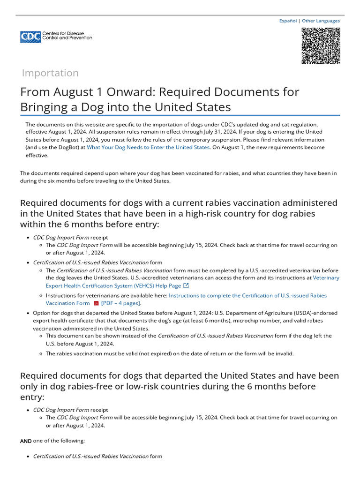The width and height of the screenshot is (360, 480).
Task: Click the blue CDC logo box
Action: (30, 37)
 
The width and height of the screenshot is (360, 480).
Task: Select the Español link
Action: (288, 21)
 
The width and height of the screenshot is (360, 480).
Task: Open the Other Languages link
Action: (321, 21)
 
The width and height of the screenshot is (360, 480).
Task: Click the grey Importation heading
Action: (50, 73)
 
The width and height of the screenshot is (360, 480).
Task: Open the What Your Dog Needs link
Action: (148, 147)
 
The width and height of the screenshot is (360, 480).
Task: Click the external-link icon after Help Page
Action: (186, 285)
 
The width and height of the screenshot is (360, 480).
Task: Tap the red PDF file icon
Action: (96, 303)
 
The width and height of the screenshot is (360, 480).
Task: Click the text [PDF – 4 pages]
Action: (121, 303)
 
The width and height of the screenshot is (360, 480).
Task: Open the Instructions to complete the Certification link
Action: (247, 296)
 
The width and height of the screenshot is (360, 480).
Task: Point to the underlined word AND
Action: (26, 441)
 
